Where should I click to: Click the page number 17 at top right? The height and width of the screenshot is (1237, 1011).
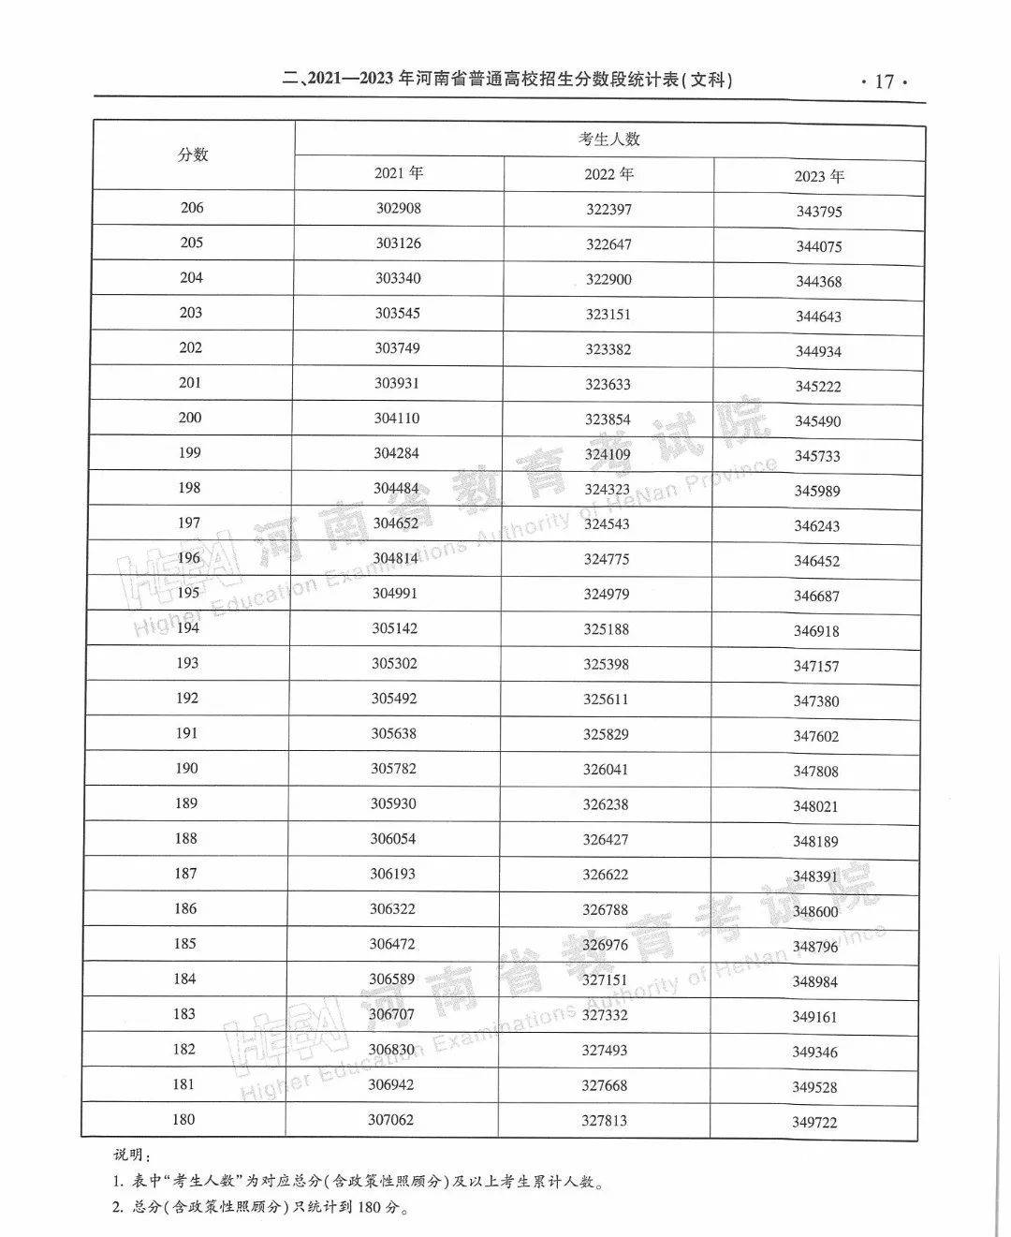point(884,81)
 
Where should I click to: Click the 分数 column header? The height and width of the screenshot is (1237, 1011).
point(193,155)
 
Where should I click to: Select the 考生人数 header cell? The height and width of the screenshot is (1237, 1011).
point(608,140)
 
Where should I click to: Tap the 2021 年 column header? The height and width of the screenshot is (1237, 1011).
point(399,173)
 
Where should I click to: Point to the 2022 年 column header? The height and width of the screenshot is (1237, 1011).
point(608,174)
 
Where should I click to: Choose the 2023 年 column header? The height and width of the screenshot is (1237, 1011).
point(819,176)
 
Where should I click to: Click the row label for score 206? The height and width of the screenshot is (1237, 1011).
point(192,208)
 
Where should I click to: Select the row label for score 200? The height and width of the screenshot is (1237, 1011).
point(190,418)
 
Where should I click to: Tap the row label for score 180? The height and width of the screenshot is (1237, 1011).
point(183,1119)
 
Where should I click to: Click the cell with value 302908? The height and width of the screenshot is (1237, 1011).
point(399,208)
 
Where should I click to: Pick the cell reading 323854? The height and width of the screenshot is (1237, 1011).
point(608,420)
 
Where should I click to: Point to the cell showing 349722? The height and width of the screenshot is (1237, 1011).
point(814,1122)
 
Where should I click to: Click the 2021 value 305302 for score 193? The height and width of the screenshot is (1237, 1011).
point(394,663)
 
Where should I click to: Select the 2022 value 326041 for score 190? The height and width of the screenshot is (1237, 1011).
point(606,769)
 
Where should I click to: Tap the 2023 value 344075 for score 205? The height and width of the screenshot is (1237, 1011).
point(819,247)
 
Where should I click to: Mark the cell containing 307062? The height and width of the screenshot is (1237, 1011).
point(390,1119)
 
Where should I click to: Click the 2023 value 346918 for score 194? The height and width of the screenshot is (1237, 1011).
point(816,631)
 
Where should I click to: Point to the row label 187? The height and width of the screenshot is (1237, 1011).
point(185,874)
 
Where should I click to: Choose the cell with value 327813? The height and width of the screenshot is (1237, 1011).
point(604,1120)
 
